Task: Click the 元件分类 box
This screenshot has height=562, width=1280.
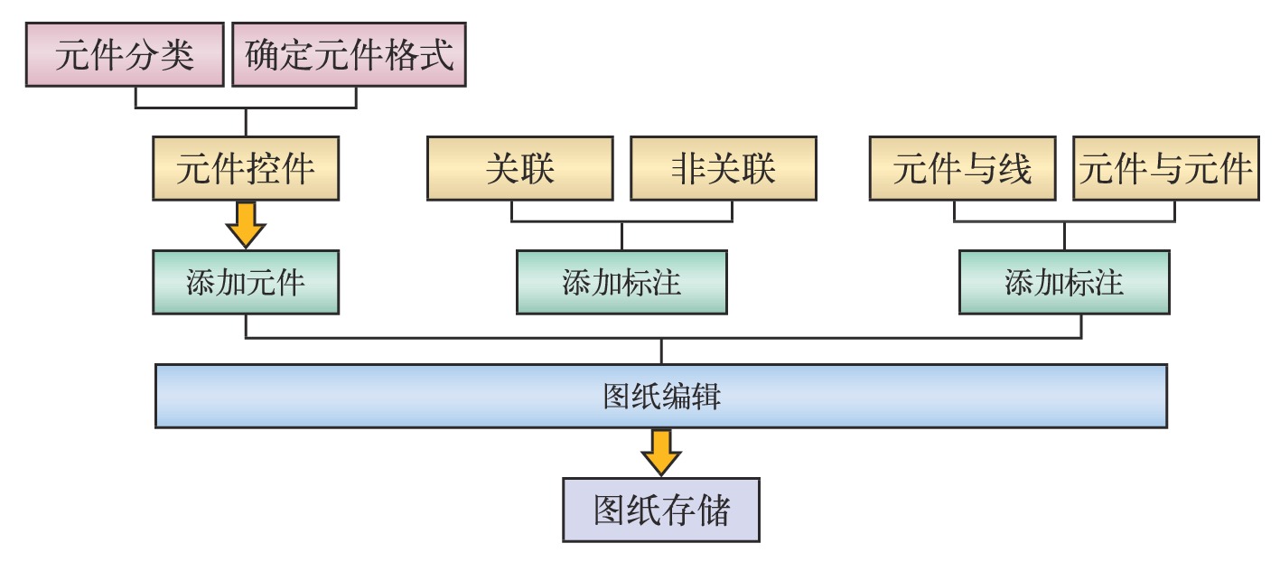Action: pos(124,56)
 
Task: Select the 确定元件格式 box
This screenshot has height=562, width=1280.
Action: pos(349,56)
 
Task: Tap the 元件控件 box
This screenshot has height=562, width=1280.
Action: pos(246,168)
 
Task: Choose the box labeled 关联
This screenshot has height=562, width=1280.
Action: pos(519,168)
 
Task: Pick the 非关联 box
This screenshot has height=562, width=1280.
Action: pos(724,168)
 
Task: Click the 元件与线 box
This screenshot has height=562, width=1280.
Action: pos(962,168)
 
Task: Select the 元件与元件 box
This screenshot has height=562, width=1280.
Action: pos(1165,168)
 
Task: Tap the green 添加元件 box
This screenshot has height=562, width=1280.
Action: pos(246,283)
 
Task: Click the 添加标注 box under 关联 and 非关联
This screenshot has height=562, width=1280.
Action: pos(621,283)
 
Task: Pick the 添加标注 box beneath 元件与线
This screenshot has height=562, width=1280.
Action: pos(1064,283)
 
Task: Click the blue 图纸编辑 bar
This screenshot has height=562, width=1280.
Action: pos(661,396)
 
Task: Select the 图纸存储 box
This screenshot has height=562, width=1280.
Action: pos(661,510)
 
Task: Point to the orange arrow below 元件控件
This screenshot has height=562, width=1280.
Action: pos(246,225)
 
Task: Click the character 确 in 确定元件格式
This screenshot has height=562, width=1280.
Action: pos(263,56)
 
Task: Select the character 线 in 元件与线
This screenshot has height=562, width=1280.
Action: pos(1014,168)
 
